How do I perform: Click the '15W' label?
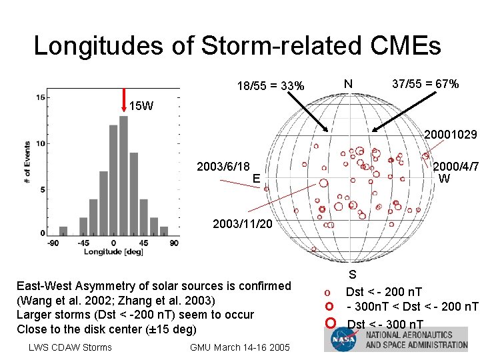tap(141, 105)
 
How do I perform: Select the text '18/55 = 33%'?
tap(271, 86)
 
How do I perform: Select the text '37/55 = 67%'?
tap(425, 84)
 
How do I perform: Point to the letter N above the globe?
tap(348, 85)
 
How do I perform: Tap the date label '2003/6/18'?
tap(223, 167)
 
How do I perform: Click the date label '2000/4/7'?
tap(456, 167)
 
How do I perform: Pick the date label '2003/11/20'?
tap(242, 224)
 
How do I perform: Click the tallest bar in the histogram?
tap(123, 175)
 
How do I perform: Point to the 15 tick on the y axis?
tap(40, 98)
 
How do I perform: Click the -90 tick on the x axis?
tap(53, 243)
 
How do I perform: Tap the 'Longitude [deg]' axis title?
tap(113, 252)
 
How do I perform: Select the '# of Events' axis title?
tap(27, 162)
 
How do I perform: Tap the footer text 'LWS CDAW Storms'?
tap(70, 347)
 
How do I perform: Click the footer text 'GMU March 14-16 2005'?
tap(240, 347)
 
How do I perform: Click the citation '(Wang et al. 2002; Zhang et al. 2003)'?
tap(115, 300)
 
